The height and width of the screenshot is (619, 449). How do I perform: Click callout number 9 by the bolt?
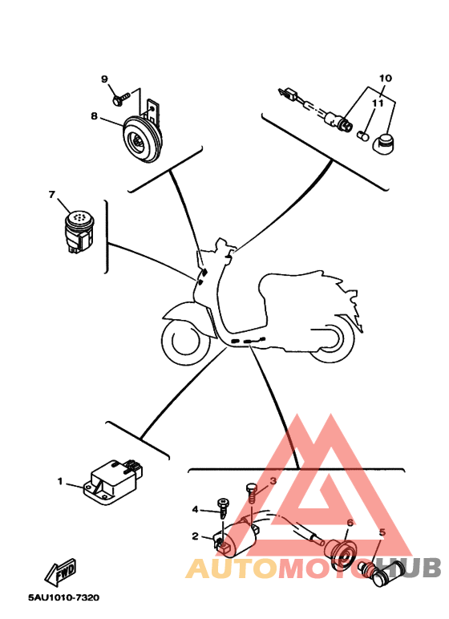(x=104, y=79)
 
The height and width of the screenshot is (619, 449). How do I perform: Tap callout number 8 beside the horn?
(x=94, y=116)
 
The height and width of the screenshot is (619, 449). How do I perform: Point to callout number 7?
(x=52, y=195)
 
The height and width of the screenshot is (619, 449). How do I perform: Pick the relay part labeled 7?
(x=79, y=232)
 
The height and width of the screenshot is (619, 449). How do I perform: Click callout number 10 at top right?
(x=386, y=78)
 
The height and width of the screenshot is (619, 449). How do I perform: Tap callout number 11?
(x=378, y=103)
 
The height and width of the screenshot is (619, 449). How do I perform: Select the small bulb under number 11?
(x=363, y=136)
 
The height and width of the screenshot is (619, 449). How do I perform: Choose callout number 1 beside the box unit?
(x=60, y=481)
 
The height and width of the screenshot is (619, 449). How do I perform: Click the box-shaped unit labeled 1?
(x=113, y=482)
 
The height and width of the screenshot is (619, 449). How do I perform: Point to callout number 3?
(x=273, y=481)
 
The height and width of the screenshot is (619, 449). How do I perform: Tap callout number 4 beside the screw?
(x=195, y=510)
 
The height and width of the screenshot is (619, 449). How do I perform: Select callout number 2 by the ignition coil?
(x=195, y=536)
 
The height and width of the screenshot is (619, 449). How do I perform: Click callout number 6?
(x=350, y=523)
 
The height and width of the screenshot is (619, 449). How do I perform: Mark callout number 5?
(x=382, y=532)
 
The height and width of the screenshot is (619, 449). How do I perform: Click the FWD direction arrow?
(x=60, y=572)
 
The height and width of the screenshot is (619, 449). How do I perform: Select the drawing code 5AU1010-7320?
(x=63, y=597)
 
